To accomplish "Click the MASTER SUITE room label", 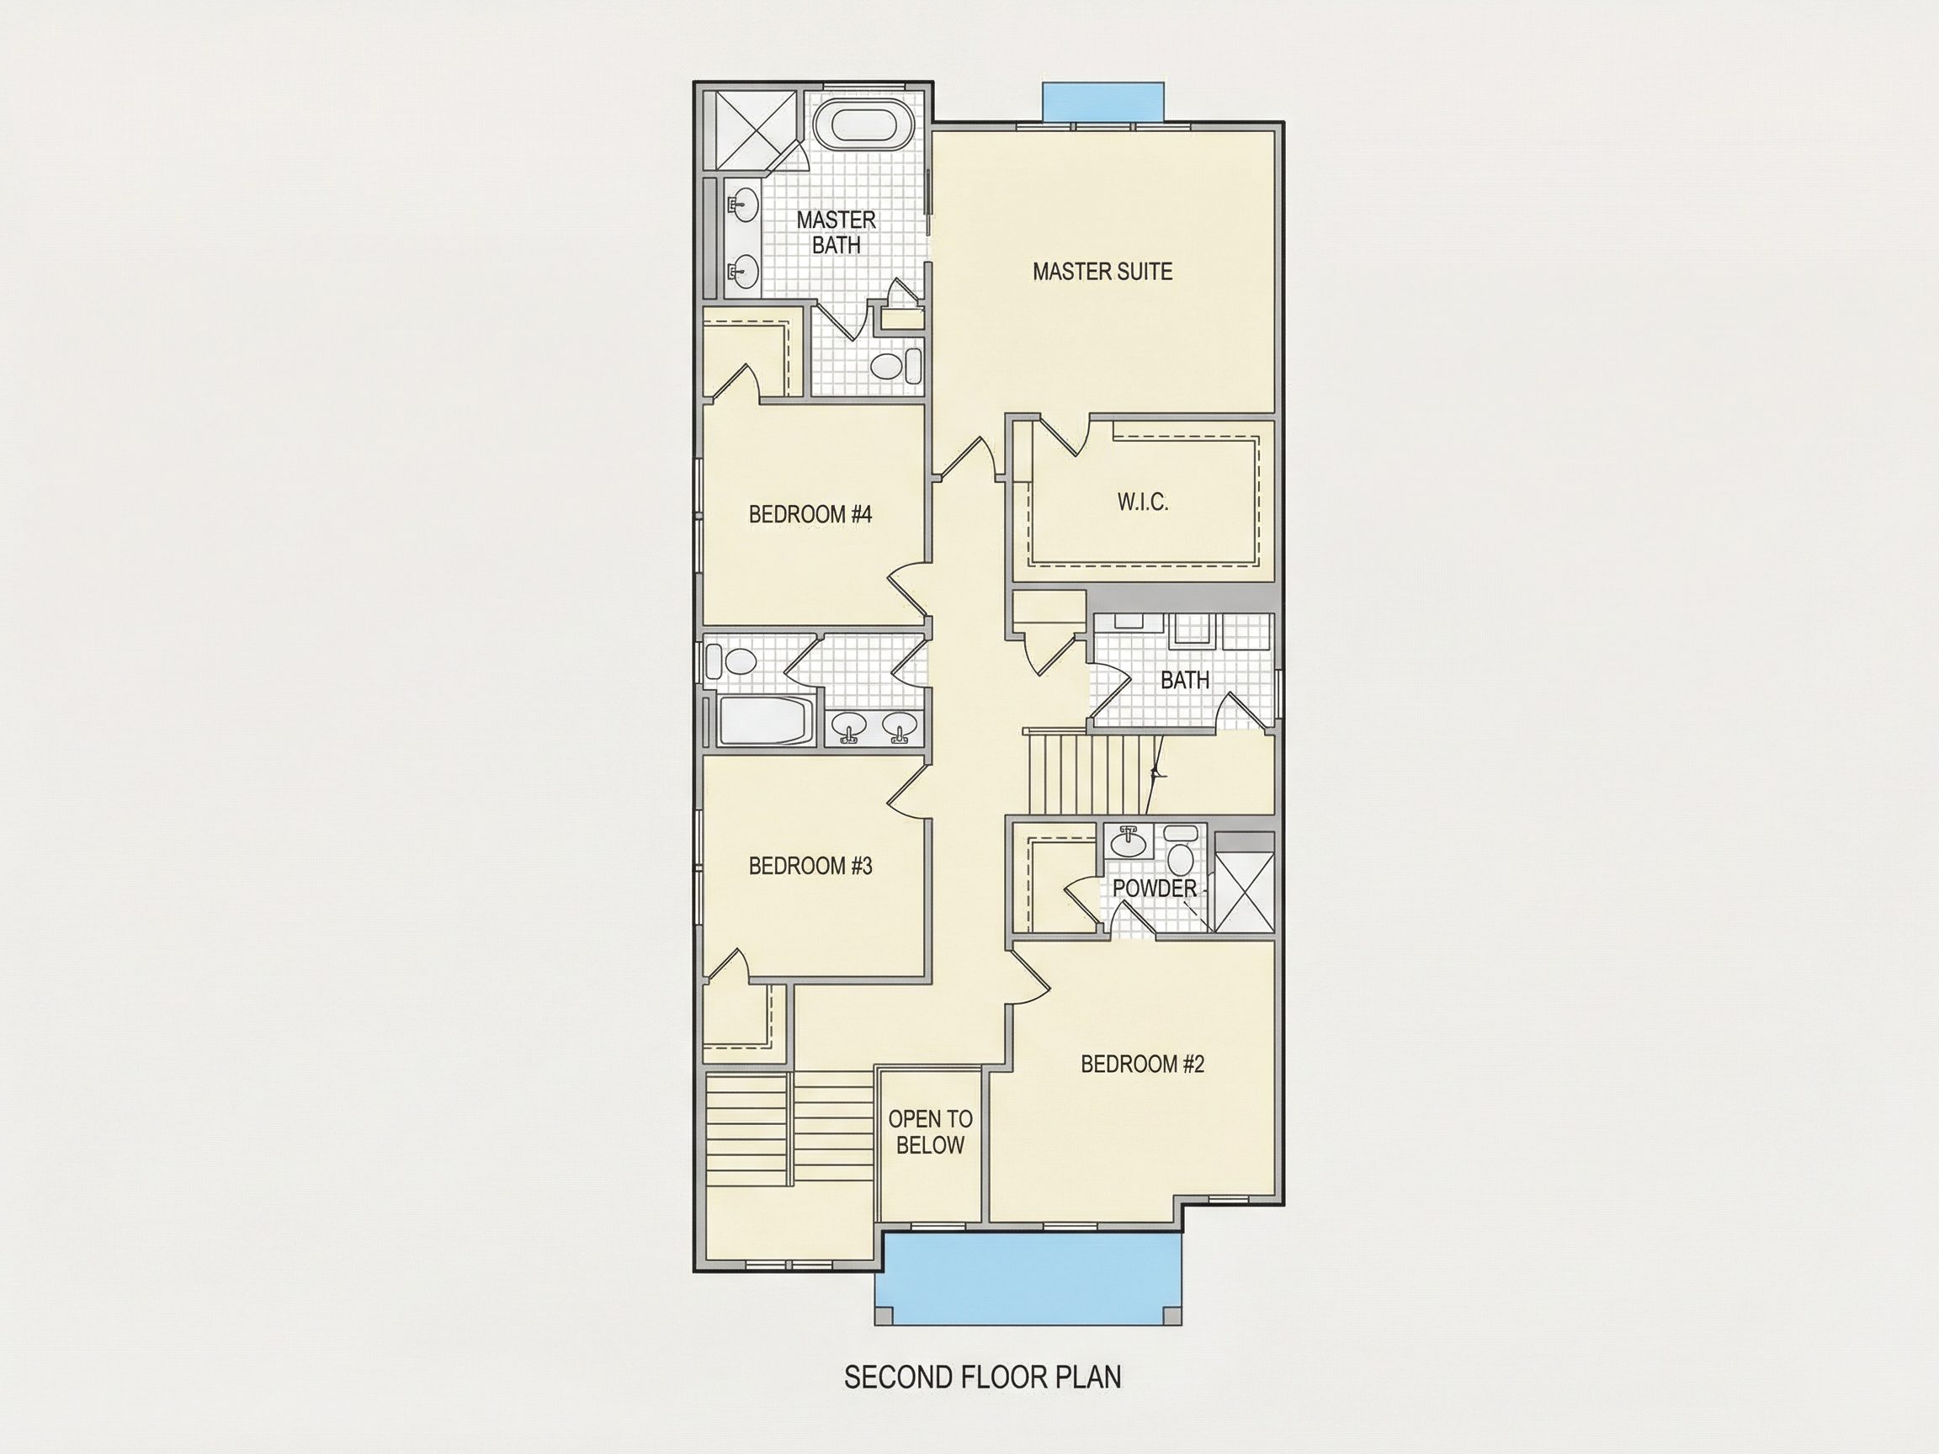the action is pyautogui.click(x=1102, y=272).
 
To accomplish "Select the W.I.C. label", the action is pyautogui.click(x=1142, y=502).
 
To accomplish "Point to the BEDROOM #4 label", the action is pyautogui.click(x=810, y=513).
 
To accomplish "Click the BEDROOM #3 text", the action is pyautogui.click(x=810, y=866).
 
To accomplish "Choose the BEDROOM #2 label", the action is pyautogui.click(x=1142, y=1064).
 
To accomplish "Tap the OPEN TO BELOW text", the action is pyautogui.click(x=930, y=1132).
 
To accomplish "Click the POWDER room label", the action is pyautogui.click(x=1155, y=888).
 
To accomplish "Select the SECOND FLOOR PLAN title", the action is pyautogui.click(x=983, y=1377).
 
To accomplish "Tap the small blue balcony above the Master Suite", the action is pyautogui.click(x=1102, y=102).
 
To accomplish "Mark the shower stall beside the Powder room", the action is pyautogui.click(x=1244, y=882).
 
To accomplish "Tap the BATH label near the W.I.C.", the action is pyautogui.click(x=1184, y=680).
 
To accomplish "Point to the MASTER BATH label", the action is pyautogui.click(x=837, y=232).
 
